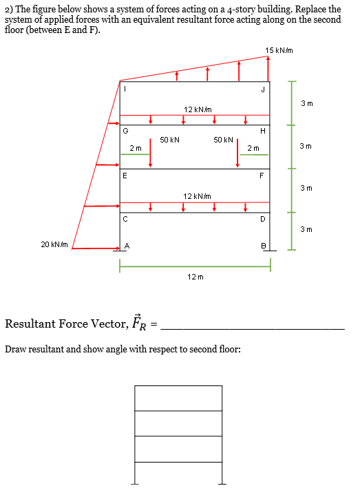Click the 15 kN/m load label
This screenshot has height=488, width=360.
[279, 50]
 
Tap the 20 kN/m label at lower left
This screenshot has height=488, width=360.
[54, 244]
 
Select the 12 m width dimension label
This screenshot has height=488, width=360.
[195, 276]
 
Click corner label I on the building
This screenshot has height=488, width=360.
[125, 87]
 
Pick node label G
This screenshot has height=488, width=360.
[125, 130]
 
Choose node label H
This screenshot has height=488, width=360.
[262, 131]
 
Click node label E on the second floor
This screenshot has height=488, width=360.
[125, 176]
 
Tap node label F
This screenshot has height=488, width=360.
[262, 176]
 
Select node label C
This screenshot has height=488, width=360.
[125, 220]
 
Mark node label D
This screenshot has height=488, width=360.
[262, 220]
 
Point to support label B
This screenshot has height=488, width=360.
[262, 246]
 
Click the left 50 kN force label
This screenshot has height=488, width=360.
[169, 139]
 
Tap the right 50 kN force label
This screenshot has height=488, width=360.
[224, 139]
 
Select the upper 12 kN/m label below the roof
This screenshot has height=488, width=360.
[197, 109]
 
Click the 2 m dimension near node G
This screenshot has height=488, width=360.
[136, 148]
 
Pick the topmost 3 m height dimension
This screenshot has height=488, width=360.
[307, 103]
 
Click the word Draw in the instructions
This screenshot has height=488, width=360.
[17, 349]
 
